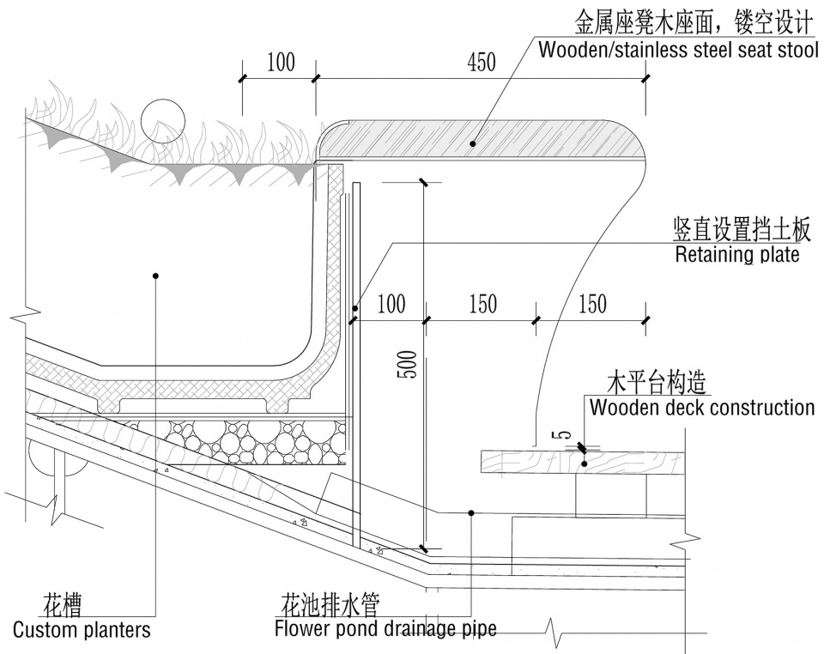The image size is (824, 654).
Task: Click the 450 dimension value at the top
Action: coord(482,63)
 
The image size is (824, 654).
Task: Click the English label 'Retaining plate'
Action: coord(736,255)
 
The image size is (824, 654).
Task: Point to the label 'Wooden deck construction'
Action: coord(702,408)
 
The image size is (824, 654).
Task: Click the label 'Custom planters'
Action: coord(82,629)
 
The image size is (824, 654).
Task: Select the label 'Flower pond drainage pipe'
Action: coord(385,629)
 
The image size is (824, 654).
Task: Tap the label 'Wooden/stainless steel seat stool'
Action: coord(678,50)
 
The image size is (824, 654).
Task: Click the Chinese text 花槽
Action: coord(62,606)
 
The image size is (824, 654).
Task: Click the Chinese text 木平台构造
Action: coord(656,383)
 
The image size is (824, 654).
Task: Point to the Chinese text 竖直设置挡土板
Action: coord(742,229)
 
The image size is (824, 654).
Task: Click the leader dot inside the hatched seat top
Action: coord(472,143)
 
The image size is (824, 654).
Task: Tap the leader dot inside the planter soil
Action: coord(155,276)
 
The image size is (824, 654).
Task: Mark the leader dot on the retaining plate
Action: coord(355,308)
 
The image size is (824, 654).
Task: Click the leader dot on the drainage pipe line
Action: coord(471,512)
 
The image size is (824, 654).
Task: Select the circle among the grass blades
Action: coord(163,120)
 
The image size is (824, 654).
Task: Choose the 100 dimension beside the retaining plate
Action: coord(391,304)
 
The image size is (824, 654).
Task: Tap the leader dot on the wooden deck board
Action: coord(584,463)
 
